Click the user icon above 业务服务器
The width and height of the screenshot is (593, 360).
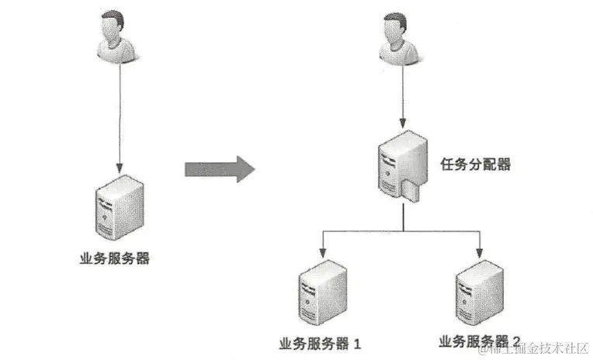coord(119,35)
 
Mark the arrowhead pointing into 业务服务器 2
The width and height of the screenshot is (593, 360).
coord(479,253)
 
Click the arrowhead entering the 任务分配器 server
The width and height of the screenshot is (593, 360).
coord(403,123)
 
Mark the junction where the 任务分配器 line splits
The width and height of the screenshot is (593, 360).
coord(403,230)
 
